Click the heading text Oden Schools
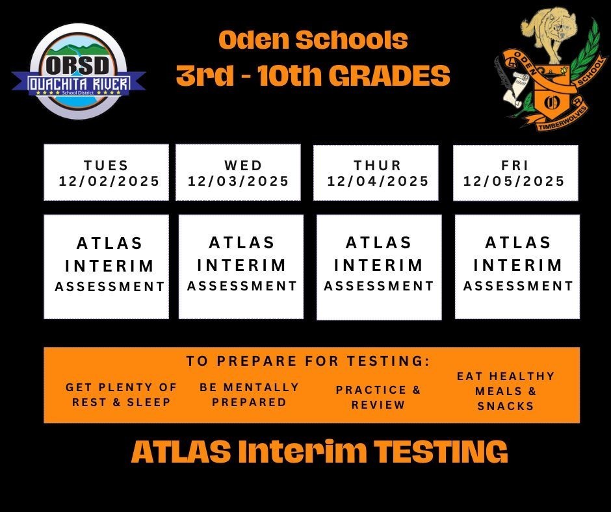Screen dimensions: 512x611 click(x=313, y=41)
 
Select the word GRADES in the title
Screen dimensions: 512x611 click(x=389, y=77)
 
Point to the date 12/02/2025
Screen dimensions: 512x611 click(x=109, y=181)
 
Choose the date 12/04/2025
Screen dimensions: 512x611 click(x=378, y=181)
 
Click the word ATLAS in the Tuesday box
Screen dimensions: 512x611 click(x=110, y=244)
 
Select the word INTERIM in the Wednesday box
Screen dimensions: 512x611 click(x=242, y=265)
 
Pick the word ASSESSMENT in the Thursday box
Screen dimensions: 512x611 click(x=379, y=286)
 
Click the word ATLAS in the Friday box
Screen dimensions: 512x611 click(x=518, y=243)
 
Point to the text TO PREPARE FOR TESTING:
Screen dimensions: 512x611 click(x=308, y=361)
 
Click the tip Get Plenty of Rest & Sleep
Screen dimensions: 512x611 click(x=122, y=394)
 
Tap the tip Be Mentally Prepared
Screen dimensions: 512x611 click(x=250, y=394)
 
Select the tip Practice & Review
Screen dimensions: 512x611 click(x=378, y=397)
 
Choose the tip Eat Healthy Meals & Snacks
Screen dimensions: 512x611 click(x=506, y=391)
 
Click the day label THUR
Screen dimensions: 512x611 click(x=378, y=166)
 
